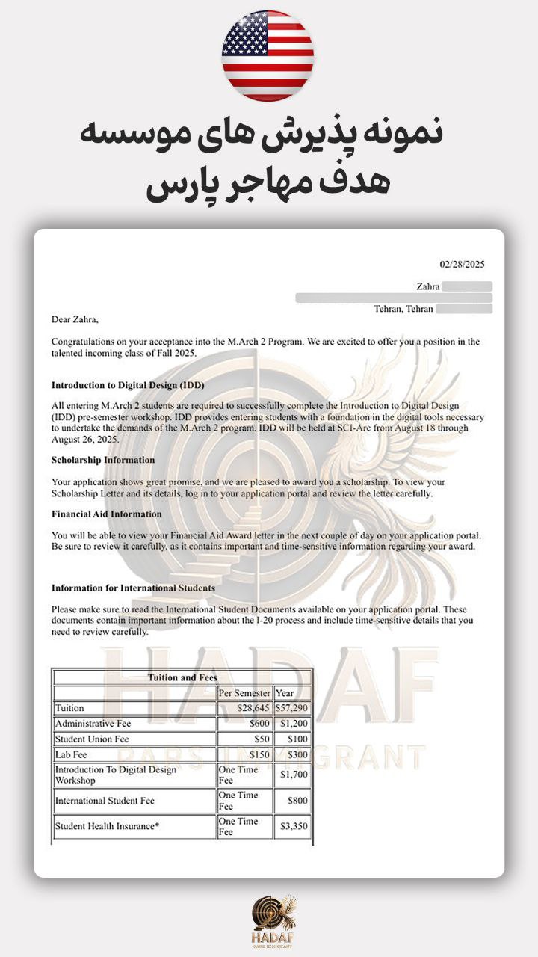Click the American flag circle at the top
[x=268, y=56]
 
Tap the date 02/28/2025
[x=462, y=264]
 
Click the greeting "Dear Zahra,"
[x=75, y=319]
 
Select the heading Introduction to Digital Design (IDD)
[x=127, y=385]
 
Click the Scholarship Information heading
[x=103, y=460]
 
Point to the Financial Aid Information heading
[x=106, y=514]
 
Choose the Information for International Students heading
[x=133, y=588]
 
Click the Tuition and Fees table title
[x=182, y=678]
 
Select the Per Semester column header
[x=244, y=693]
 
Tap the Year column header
[x=285, y=693]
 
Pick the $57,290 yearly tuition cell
[x=292, y=708]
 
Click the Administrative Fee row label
[x=94, y=724]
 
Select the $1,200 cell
[x=294, y=724]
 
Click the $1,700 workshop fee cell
[x=294, y=775]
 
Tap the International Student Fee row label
[x=105, y=801]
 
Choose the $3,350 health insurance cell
[x=294, y=827]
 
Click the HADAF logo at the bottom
[x=273, y=921]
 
